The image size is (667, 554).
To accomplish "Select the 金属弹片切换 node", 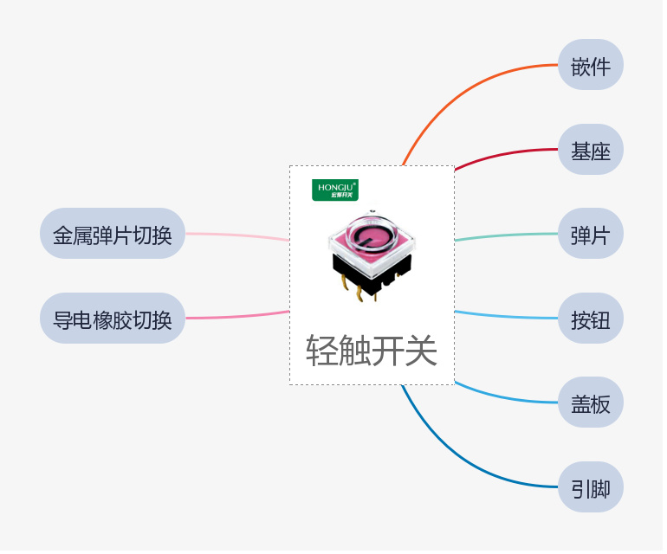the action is pyautogui.click(x=113, y=235).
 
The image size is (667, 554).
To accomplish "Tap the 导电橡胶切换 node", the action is pyautogui.click(x=113, y=319).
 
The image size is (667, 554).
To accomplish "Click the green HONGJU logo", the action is pyautogui.click(x=337, y=191).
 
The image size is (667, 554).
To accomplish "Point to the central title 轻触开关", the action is pyautogui.click(x=373, y=351).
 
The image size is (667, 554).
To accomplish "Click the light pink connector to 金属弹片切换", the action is pyautogui.click(x=238, y=235).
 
